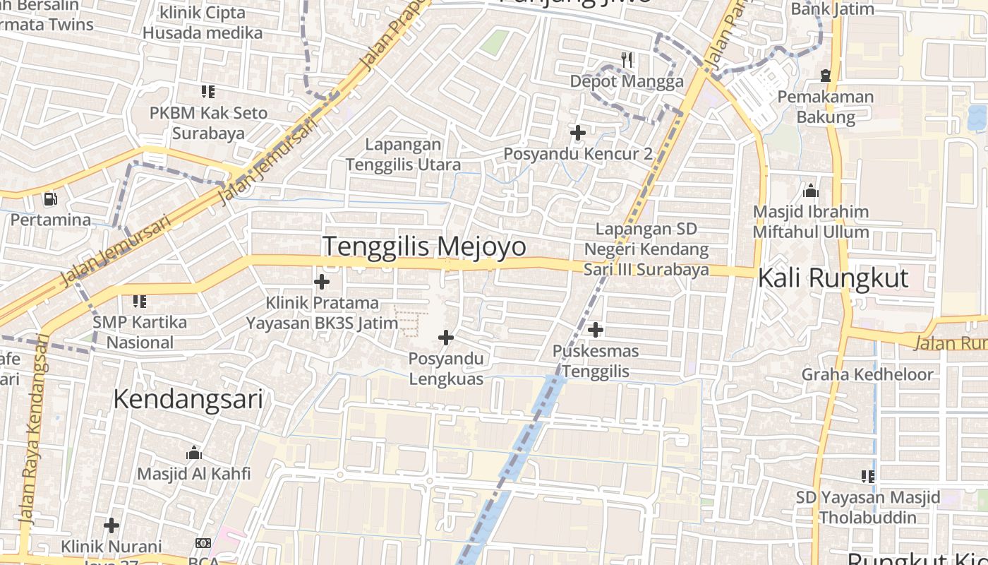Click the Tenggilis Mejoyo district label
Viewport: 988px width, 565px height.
pos(424,246)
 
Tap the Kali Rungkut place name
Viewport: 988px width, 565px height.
pos(833,278)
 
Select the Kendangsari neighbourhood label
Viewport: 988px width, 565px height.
pos(188,399)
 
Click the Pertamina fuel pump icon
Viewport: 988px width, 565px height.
pos(50,200)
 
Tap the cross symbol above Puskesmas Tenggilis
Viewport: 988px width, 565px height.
pos(596,329)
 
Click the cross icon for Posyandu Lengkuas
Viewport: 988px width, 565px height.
pos(446,338)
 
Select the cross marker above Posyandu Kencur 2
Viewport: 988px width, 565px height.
pos(578,132)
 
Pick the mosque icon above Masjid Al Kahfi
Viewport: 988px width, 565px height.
pos(193,453)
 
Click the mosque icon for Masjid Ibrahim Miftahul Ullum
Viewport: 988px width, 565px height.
pos(811,191)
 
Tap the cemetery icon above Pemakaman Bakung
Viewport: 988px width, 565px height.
pos(826,75)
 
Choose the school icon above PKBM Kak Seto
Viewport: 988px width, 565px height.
pos(207,91)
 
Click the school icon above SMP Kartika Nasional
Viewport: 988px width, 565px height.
pos(140,302)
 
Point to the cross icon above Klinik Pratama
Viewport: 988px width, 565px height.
pos(322,282)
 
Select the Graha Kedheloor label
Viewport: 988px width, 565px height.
pos(867,374)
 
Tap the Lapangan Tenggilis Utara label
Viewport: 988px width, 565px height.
pos(403,155)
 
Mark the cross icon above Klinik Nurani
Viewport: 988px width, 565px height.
pos(111,525)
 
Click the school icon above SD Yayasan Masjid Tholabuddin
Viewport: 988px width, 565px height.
pos(868,476)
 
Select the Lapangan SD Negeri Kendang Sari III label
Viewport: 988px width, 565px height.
pos(646,249)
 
